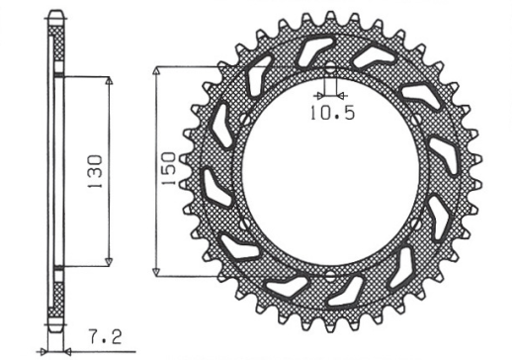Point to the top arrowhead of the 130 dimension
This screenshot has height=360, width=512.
tap(107, 78)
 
